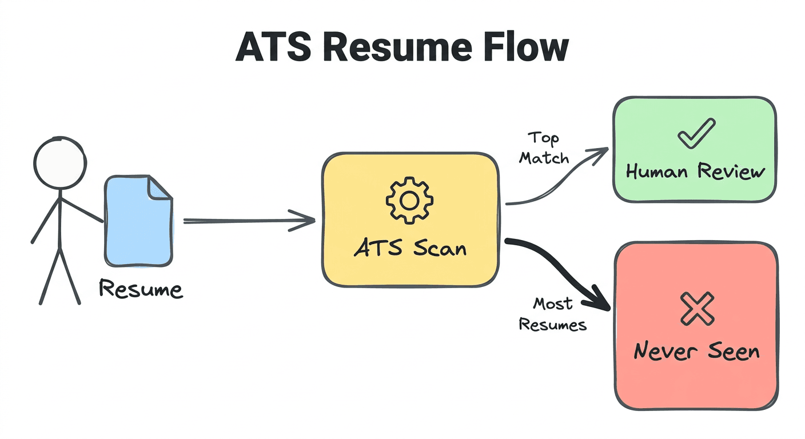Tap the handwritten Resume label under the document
[x=141, y=289]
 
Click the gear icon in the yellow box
[x=409, y=199]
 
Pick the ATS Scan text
[x=409, y=248]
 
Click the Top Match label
[x=544, y=147]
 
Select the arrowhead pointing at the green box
[x=599, y=153]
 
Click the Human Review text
[x=695, y=171]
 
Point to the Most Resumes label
[x=552, y=314]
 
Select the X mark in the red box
[x=697, y=309]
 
